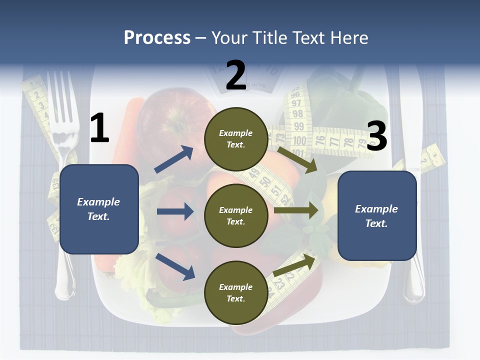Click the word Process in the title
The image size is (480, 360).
pyautogui.click(x=157, y=38)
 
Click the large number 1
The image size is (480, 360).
pyautogui.click(x=99, y=128)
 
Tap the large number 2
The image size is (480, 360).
pyautogui.click(x=236, y=75)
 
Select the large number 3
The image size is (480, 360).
pyautogui.click(x=377, y=136)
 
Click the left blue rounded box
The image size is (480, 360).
pyautogui.click(x=99, y=209)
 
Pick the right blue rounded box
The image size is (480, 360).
pyautogui.click(x=377, y=216)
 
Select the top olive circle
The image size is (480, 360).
pyautogui.click(x=236, y=139)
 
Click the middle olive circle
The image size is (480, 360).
pyautogui.click(x=236, y=215)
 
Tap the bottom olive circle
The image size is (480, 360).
pyautogui.click(x=236, y=292)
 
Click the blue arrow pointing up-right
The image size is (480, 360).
pyautogui.click(x=174, y=159)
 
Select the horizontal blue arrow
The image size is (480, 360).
pyautogui.click(x=175, y=211)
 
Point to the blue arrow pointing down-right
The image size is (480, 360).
pyautogui.click(x=175, y=266)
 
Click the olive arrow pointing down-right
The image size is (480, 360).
pyautogui.click(x=298, y=159)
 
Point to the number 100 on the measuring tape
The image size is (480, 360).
pyautogui.click(x=299, y=140)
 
